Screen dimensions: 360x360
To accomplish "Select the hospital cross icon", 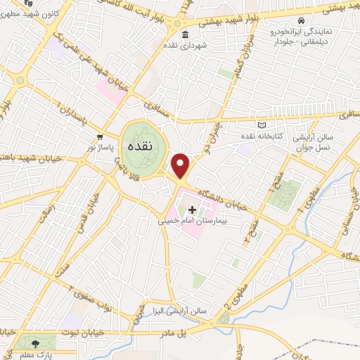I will pos(192,209).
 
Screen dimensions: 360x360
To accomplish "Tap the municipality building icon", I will pos(184,35).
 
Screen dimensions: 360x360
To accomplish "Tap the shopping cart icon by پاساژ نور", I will pos(101,136).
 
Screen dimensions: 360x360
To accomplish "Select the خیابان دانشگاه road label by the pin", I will pos(224,194).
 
